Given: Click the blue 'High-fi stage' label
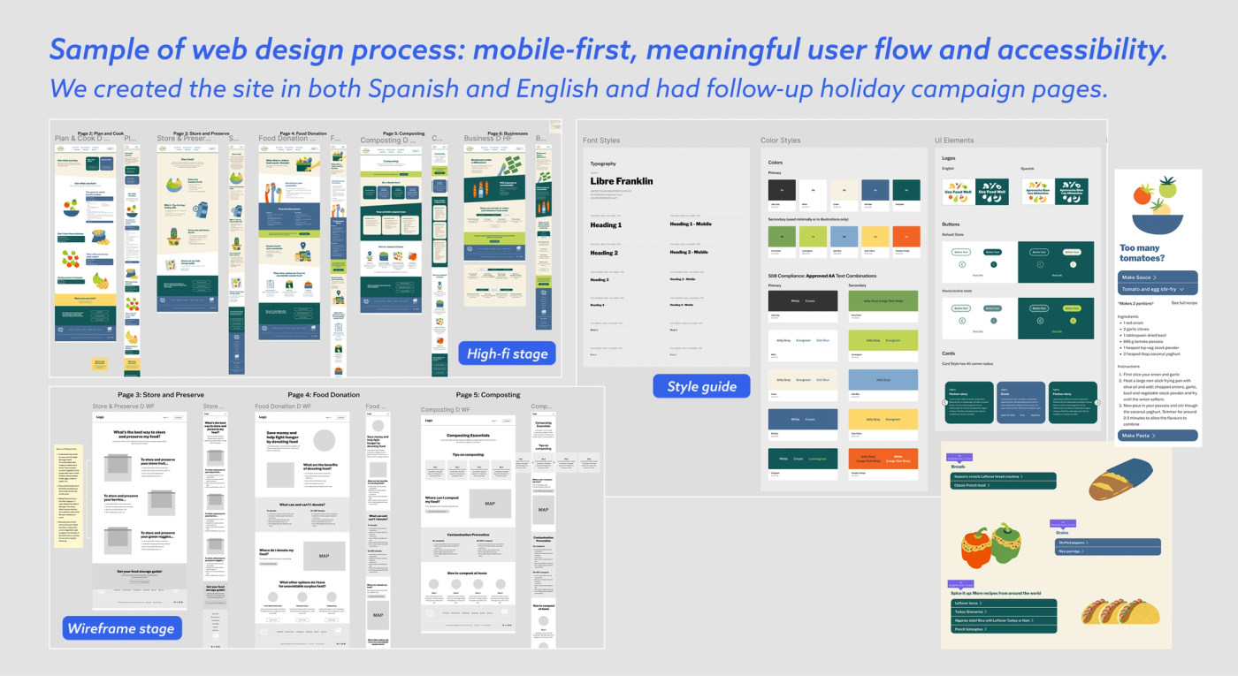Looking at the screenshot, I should click(x=507, y=353).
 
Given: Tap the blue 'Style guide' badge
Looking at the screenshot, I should click(x=701, y=386).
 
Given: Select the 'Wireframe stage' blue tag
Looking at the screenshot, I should click(x=121, y=628).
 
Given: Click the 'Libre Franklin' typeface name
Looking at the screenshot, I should click(x=622, y=181).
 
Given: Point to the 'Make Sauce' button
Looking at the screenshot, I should click(x=1157, y=277).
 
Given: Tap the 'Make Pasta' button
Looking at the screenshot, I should click(x=1157, y=436).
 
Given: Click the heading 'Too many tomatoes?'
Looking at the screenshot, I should click(x=1142, y=254).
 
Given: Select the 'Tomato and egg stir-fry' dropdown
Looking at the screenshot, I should click(x=1157, y=289).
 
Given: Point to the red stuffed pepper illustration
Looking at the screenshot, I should click(x=981, y=545).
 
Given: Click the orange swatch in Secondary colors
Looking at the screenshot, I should click(x=906, y=237).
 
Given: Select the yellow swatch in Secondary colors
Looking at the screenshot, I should click(x=875, y=237).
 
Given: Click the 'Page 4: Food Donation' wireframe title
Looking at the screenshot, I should click(x=324, y=395).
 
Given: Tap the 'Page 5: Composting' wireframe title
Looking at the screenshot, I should click(x=488, y=395).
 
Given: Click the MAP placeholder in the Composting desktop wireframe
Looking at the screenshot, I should click(x=489, y=504).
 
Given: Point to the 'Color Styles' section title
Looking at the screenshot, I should click(x=780, y=141).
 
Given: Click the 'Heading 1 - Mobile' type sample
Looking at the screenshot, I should click(x=690, y=224).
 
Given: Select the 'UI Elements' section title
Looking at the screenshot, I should click(x=954, y=141).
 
